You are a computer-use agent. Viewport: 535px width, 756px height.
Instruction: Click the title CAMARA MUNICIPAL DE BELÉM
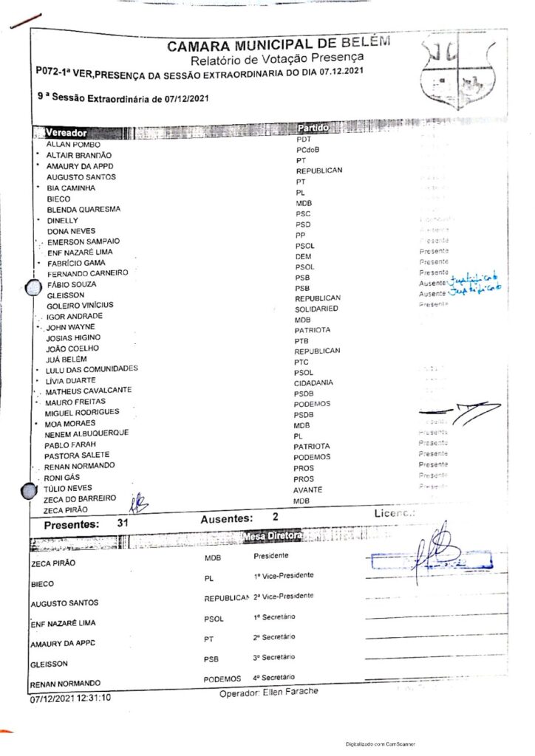tap(277, 47)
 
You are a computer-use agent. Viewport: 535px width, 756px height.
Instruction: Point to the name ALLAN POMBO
tap(73, 145)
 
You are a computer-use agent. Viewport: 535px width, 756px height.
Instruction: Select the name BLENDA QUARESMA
tap(84, 210)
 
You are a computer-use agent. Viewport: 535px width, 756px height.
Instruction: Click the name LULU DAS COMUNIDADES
tap(92, 368)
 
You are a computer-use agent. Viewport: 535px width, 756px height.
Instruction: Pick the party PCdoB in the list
tap(308, 150)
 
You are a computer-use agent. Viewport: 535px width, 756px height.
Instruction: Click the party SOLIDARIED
tap(316, 309)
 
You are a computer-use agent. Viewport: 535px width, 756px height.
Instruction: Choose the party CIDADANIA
tap(313, 383)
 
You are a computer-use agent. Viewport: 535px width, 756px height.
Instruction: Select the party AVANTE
tap(307, 490)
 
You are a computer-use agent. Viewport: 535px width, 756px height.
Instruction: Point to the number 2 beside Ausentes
tap(276, 518)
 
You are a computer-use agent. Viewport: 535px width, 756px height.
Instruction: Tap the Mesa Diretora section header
tap(272, 535)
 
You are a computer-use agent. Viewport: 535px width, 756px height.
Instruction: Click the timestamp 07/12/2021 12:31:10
tap(71, 697)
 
